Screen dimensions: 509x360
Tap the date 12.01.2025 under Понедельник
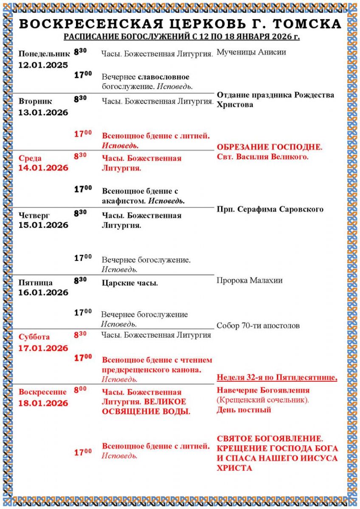[x=43, y=65]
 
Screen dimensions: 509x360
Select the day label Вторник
[x=36, y=101]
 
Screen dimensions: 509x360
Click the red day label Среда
[x=30, y=158]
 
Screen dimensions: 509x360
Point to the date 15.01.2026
[x=43, y=225]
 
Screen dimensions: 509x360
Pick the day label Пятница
[x=36, y=282]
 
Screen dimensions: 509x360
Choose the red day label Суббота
[x=34, y=337]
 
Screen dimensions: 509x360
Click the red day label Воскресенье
[x=42, y=392]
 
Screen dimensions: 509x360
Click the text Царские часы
[x=130, y=283]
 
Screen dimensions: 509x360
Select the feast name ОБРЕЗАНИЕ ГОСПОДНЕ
[x=270, y=147]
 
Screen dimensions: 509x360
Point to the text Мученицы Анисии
[x=251, y=52]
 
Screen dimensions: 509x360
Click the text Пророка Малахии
[x=250, y=280]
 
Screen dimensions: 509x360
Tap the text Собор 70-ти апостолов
[x=258, y=326]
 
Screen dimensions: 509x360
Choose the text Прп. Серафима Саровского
[x=270, y=209]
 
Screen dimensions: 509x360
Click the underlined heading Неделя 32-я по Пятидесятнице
[x=277, y=377]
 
